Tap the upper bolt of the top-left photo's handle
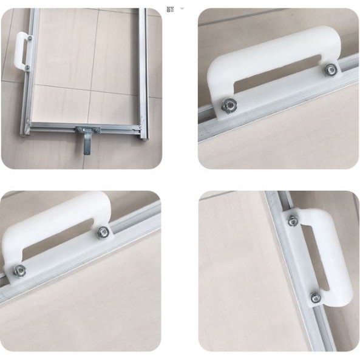point(29,38)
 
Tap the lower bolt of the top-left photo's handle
point(27,67)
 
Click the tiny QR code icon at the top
point(171,8)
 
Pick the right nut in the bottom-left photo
point(102,231)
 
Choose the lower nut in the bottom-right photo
point(315,297)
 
